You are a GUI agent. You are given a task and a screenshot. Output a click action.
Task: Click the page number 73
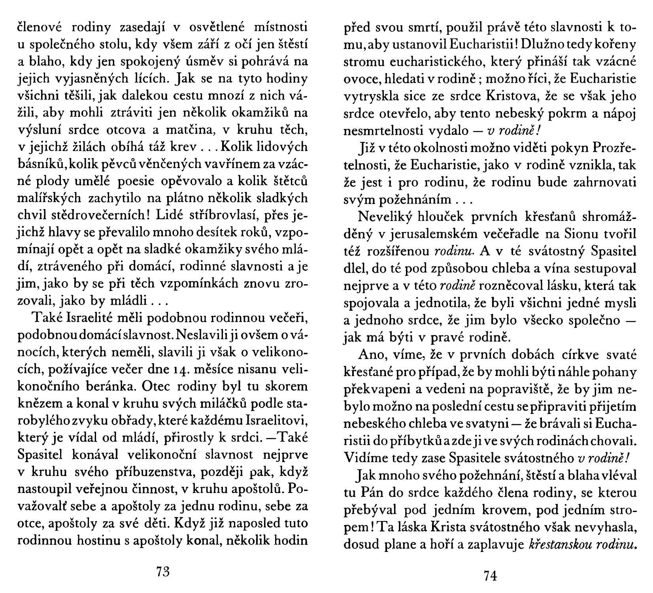(163, 572)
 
